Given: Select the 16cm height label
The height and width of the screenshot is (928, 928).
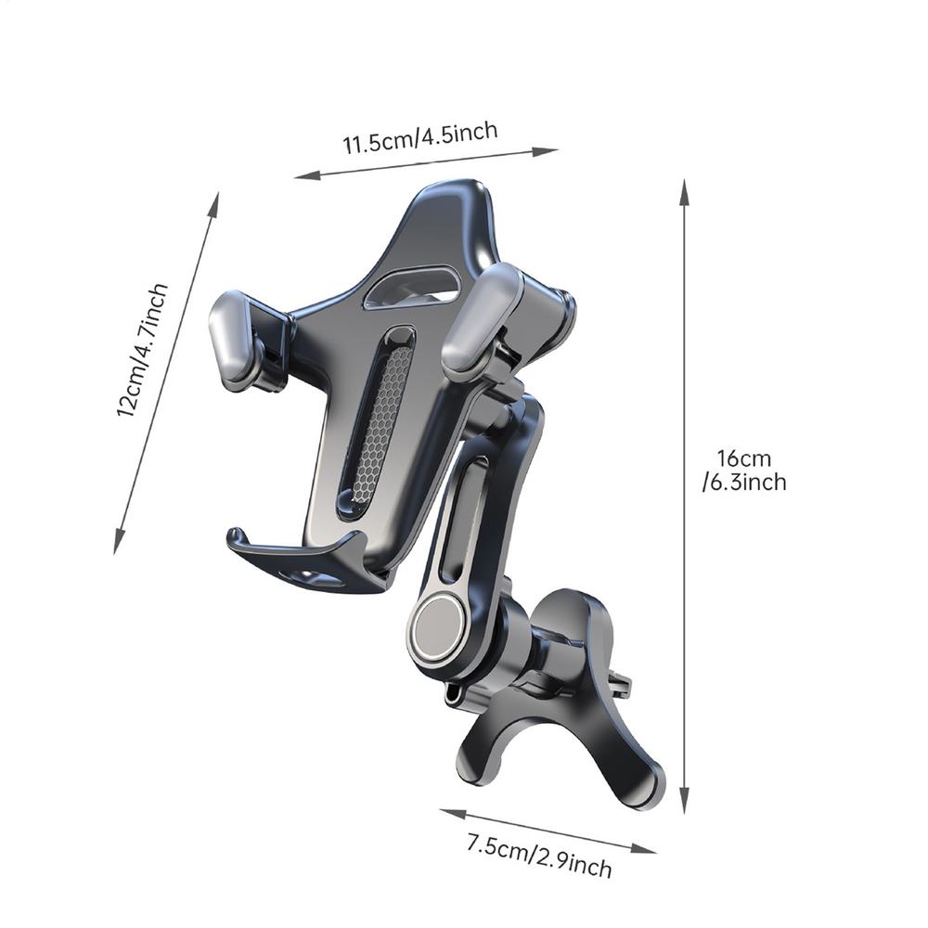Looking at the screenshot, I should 742,458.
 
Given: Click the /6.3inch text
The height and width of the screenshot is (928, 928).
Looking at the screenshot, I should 744,482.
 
